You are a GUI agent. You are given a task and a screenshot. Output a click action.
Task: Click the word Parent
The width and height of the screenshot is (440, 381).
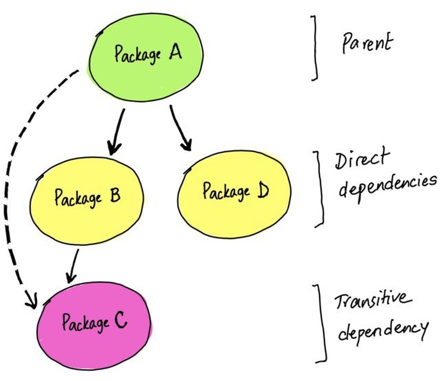pyautogui.click(x=367, y=43)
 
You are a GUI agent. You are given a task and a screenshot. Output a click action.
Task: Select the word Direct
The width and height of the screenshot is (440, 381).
pyautogui.click(x=361, y=159)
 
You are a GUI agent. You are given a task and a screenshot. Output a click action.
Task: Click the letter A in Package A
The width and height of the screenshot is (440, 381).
pyautogui.click(x=175, y=53)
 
